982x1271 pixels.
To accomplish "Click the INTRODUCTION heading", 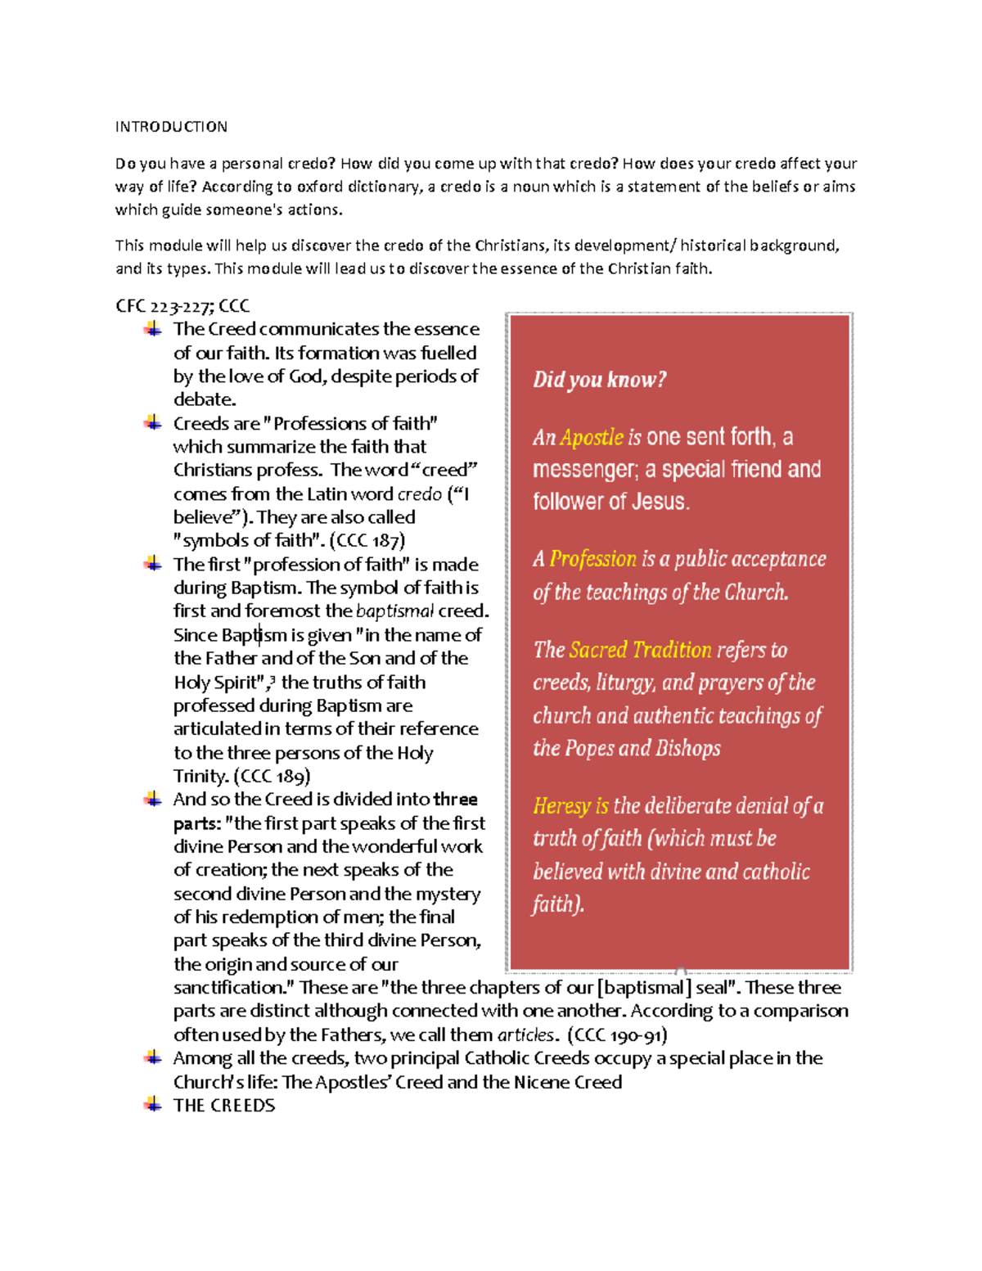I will [x=171, y=127].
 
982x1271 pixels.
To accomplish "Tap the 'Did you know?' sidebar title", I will [x=599, y=380].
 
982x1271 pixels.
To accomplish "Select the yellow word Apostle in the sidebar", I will [x=592, y=437].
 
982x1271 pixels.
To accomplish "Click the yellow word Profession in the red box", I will [x=592, y=559].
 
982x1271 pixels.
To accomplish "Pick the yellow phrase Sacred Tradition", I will [x=640, y=650].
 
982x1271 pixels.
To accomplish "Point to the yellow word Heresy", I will [x=561, y=806].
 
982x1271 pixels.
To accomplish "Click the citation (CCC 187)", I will [x=367, y=540].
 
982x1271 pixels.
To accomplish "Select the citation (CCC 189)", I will [x=272, y=776].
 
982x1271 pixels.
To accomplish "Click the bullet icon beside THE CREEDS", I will [x=152, y=1105].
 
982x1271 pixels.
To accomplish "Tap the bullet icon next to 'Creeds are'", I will [x=152, y=422].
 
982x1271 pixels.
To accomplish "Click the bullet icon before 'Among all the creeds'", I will [x=152, y=1057].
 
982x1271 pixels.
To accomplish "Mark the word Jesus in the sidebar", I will [x=658, y=502].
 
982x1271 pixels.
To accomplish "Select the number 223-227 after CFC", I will [x=182, y=306].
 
